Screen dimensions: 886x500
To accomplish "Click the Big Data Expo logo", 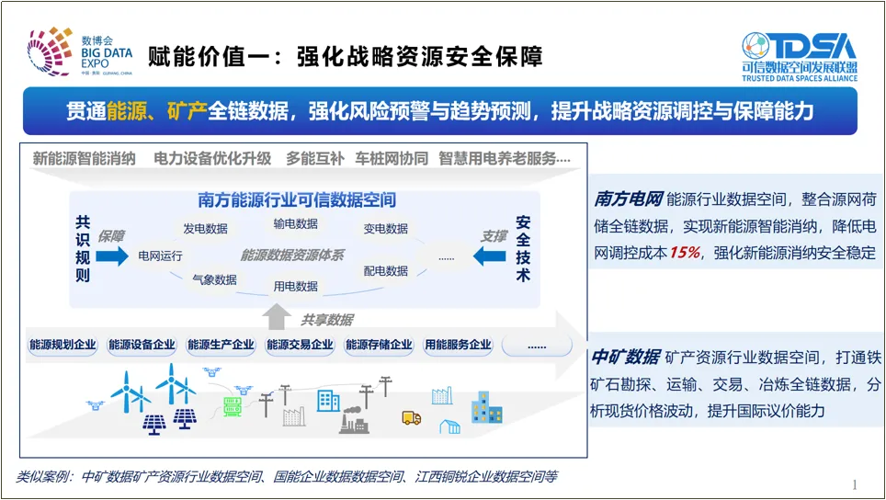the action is point(80,51).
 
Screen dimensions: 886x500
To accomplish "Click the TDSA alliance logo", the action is point(799,57).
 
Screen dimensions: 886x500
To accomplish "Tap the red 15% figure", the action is point(684,253).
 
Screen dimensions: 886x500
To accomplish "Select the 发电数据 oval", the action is point(205,229).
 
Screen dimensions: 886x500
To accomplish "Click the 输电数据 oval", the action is point(295,223).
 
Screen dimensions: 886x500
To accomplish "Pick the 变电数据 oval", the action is point(385,229).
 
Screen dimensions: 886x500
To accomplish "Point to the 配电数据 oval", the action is point(385,271).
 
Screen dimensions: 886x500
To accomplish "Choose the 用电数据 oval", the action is point(295,286).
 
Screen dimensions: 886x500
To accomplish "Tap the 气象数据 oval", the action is point(214,279).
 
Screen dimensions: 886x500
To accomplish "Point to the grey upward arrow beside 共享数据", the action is point(276,318).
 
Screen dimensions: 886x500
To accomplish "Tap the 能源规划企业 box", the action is point(62,346).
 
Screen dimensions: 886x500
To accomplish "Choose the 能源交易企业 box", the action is point(300,346).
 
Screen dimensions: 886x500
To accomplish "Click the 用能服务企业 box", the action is point(458,346).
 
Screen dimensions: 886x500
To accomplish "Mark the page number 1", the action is point(855,484).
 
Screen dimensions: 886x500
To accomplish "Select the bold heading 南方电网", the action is point(628,199).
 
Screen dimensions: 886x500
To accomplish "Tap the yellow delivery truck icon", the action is point(411,418).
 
